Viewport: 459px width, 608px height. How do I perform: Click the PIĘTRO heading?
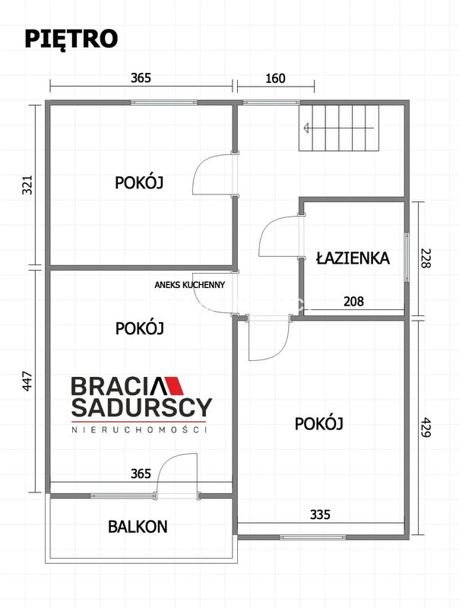(x=71, y=40)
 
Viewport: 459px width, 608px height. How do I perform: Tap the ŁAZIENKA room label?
(x=353, y=258)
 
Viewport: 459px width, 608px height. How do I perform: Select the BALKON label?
(x=138, y=527)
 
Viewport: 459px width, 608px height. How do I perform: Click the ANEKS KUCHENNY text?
(x=189, y=285)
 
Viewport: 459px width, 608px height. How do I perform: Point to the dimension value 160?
(x=275, y=78)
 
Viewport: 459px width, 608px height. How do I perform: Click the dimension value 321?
(x=27, y=185)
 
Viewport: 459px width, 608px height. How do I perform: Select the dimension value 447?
(x=27, y=382)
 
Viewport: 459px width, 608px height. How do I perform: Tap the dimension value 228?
(x=426, y=258)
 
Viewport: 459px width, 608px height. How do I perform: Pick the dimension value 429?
(x=426, y=427)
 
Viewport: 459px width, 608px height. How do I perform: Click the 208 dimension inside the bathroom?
(x=353, y=301)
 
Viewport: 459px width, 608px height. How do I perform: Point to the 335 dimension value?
(x=320, y=515)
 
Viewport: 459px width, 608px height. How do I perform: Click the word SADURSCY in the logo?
(x=142, y=407)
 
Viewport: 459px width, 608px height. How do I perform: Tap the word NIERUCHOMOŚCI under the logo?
(x=140, y=429)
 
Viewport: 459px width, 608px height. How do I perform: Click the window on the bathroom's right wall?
(x=407, y=257)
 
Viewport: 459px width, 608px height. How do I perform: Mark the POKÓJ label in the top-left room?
(x=139, y=182)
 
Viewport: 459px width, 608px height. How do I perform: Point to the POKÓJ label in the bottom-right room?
(x=319, y=423)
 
